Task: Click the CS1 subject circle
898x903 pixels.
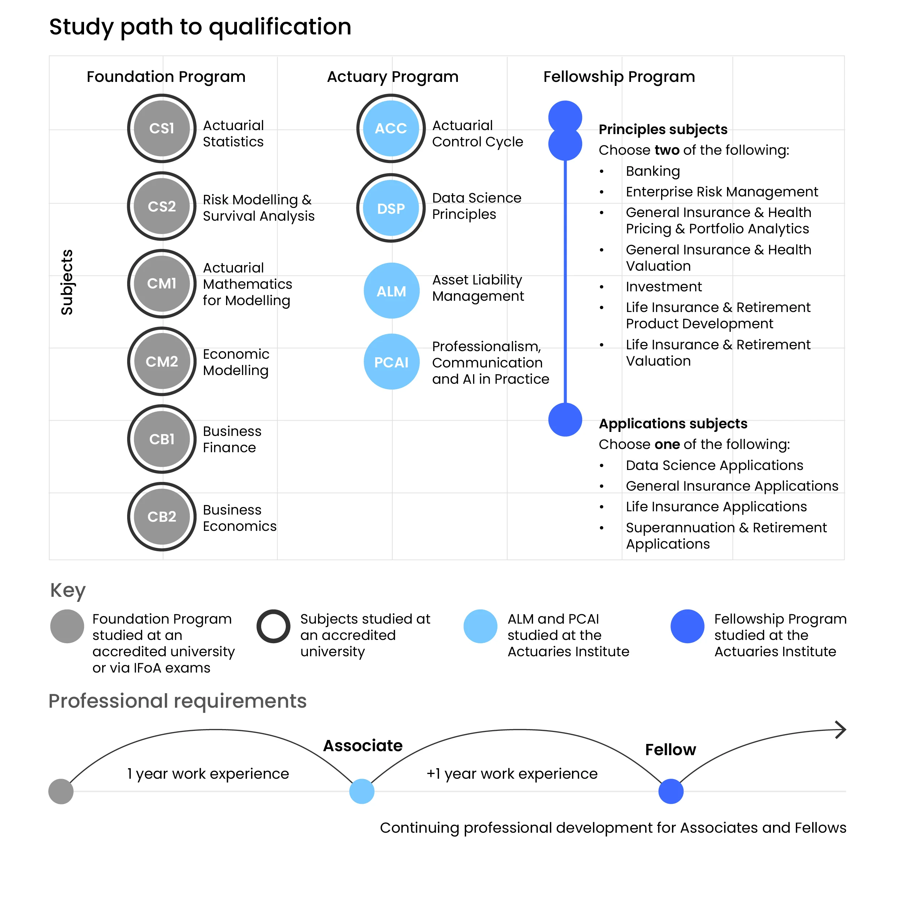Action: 162,129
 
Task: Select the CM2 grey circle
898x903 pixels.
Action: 162,361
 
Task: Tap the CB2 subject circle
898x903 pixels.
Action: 162,516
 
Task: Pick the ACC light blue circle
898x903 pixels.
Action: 391,129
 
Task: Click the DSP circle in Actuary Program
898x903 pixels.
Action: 391,208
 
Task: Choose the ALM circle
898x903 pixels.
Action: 392,291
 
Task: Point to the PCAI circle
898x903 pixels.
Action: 392,362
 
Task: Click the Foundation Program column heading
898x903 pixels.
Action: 166,77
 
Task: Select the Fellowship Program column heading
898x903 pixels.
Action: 619,77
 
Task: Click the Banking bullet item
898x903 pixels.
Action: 653,171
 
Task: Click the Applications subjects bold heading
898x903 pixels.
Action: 673,424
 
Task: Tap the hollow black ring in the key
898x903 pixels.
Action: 274,626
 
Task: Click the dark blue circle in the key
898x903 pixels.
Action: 687,626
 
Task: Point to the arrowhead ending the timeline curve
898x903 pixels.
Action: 841,729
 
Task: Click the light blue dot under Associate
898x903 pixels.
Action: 362,791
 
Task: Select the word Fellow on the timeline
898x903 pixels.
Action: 670,750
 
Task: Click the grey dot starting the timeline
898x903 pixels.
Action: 61,791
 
